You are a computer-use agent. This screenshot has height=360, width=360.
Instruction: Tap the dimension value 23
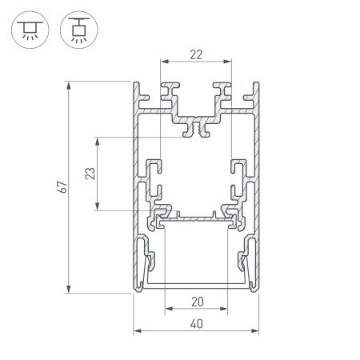click(x=90, y=174)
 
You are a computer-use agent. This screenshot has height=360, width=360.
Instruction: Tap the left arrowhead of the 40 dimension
click(x=136, y=330)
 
